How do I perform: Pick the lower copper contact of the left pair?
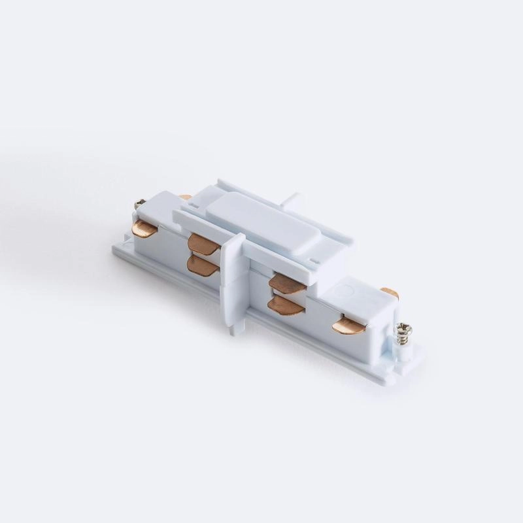pos(199,263)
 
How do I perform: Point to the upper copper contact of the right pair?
pos(288,282)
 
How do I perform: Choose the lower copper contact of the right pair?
pos(286,306)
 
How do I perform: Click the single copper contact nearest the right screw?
pos(348,324)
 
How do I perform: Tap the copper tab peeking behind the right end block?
pos(390,294)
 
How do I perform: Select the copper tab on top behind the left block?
pos(186,197)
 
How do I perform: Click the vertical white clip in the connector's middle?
pos(233,275)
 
